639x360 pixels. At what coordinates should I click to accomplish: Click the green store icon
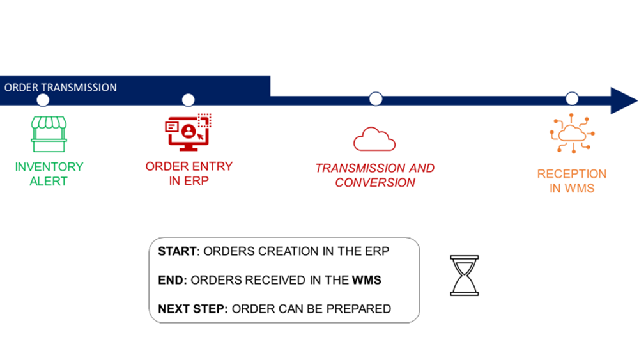point(49,134)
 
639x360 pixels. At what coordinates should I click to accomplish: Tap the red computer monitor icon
point(188,132)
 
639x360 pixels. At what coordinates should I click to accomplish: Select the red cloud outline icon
point(374,139)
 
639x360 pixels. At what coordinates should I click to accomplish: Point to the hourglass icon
point(465,276)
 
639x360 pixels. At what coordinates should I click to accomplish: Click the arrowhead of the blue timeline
point(623,100)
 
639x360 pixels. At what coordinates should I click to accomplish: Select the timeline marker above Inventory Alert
point(43,100)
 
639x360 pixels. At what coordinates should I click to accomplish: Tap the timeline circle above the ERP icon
point(188,100)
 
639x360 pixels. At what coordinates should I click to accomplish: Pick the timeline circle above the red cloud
point(376,98)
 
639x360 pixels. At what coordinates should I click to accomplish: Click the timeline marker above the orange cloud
point(572,98)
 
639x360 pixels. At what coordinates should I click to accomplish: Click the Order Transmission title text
point(61,87)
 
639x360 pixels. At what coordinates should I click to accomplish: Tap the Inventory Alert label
point(49,174)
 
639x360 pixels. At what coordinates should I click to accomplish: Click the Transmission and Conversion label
point(375,175)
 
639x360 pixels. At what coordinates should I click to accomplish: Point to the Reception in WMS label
point(572,181)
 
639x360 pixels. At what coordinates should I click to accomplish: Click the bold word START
point(177,251)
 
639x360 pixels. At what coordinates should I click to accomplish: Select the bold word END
point(171,280)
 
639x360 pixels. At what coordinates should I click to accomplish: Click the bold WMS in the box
point(366,280)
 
